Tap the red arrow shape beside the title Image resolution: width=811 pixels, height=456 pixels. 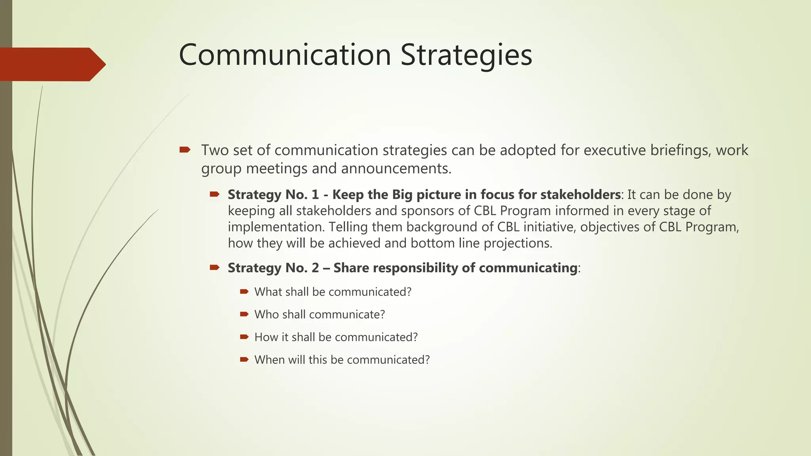(51, 64)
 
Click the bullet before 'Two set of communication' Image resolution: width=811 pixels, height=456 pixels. (185, 150)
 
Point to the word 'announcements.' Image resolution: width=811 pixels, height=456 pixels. (396, 169)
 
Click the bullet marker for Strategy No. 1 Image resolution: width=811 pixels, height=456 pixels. (215, 194)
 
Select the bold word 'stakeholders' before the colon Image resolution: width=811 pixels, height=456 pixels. (581, 195)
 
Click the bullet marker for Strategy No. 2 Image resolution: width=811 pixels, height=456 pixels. (215, 268)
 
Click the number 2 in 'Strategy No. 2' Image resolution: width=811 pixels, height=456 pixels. (315, 268)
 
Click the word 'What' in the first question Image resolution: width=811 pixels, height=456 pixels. (267, 292)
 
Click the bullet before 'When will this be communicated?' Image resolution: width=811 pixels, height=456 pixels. (244, 359)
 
